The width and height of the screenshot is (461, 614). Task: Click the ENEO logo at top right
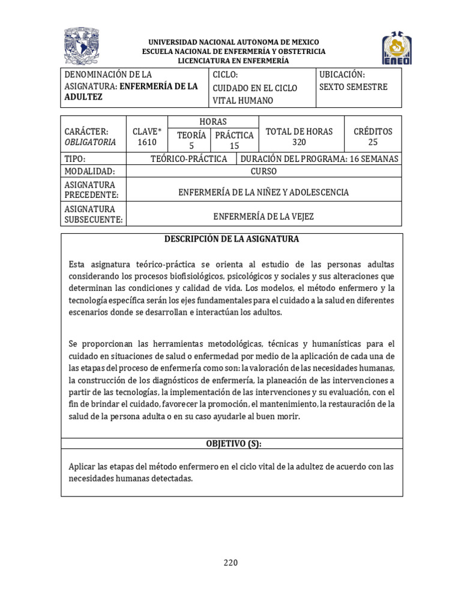(x=397, y=48)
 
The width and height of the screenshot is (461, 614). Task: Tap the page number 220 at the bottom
(x=230, y=562)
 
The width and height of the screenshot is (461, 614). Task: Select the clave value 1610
(x=146, y=142)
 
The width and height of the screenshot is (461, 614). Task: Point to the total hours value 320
(x=299, y=142)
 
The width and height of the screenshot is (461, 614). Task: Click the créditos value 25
(x=373, y=142)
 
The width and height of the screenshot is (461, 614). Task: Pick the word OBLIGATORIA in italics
(x=89, y=142)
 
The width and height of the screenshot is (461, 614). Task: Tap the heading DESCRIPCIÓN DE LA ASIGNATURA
(x=232, y=239)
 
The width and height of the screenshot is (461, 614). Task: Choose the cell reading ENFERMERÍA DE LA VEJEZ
(x=264, y=216)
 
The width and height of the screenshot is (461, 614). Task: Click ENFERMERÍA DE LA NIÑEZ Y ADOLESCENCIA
(x=264, y=192)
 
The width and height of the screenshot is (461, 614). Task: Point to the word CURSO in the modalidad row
(x=264, y=171)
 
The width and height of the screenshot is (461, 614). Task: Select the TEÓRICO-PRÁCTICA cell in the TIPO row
(x=189, y=159)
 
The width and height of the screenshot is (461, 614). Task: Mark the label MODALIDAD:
(x=89, y=171)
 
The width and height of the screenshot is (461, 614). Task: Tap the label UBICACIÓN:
(x=342, y=74)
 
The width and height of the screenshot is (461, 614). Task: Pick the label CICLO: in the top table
(x=226, y=74)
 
